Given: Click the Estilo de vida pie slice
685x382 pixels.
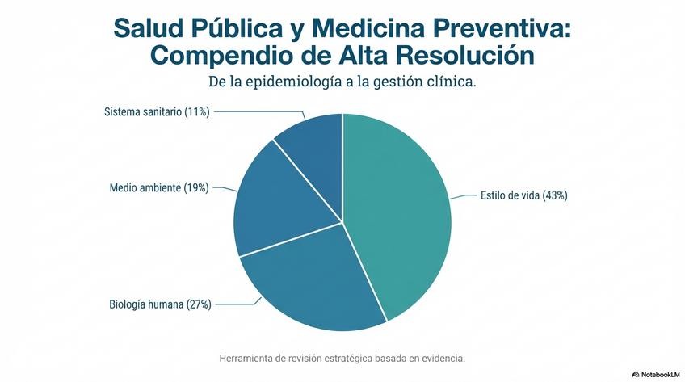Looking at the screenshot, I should (400, 210).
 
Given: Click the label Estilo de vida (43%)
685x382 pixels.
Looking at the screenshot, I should (523, 195).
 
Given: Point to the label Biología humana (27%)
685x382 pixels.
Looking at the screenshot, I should (160, 304).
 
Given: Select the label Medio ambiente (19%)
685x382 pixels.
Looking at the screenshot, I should (159, 188).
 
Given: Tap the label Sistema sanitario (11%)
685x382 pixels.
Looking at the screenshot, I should (157, 111).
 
